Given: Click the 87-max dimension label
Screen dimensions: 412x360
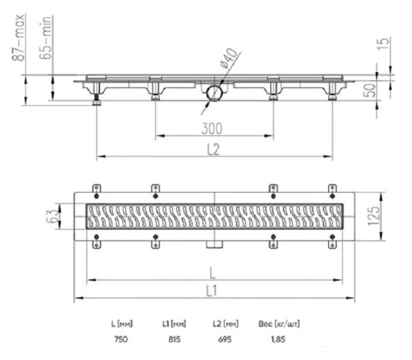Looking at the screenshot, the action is coord(19,37).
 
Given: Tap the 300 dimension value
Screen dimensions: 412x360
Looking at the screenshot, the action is coord(212,129).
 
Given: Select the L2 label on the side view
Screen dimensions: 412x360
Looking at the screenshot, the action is coord(213,150).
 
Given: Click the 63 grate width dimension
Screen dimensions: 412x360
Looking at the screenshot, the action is coord(51,216).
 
